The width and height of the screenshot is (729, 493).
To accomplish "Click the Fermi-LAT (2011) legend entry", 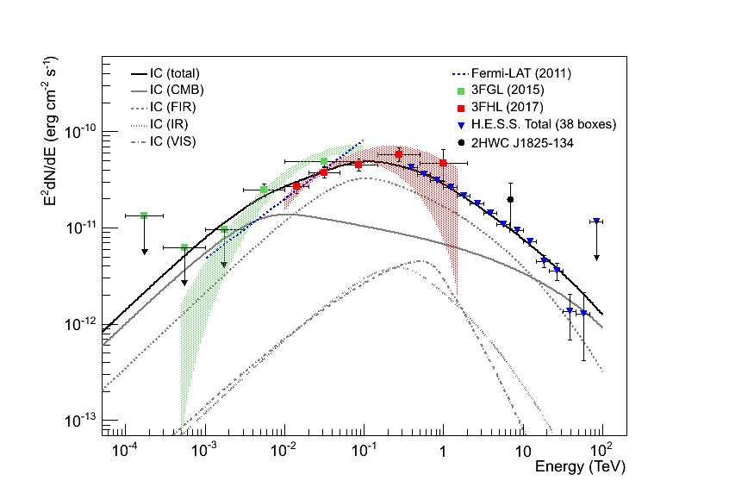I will tap(521, 73).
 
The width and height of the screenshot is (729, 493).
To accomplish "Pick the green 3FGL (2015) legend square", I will tap(462, 90).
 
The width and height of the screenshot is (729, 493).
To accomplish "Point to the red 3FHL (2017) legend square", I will tap(462, 107).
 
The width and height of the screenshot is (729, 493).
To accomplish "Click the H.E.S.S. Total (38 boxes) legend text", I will tap(545, 124).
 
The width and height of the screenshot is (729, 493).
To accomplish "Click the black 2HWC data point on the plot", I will tap(511, 199).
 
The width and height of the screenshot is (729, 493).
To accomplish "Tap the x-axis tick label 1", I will tap(443, 451).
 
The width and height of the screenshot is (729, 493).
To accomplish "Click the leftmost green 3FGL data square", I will tap(144, 215).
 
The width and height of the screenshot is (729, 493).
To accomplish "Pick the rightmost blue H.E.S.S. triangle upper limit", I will tap(596, 222).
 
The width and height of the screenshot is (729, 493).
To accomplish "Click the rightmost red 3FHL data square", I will tap(443, 163).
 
